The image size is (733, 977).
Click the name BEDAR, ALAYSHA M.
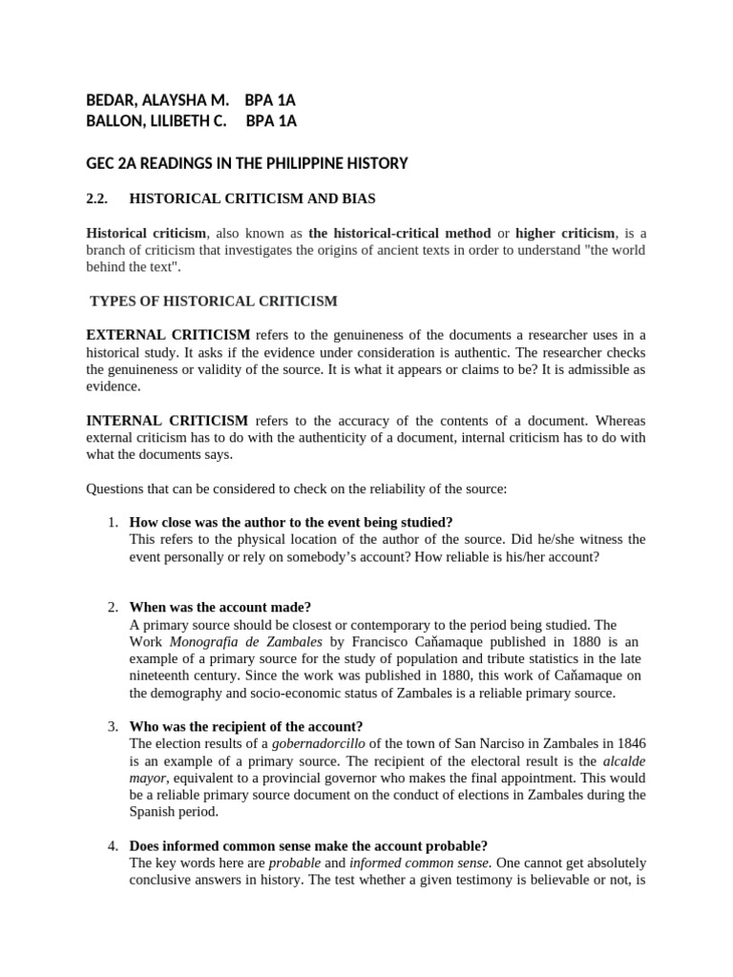[157, 100]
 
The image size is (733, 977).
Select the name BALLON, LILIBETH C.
[157, 121]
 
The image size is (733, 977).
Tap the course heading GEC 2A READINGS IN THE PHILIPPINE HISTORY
[247, 163]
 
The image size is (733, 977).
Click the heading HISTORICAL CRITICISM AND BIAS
[252, 199]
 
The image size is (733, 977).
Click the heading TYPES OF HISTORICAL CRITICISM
[214, 301]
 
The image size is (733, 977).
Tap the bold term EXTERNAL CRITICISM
[169, 335]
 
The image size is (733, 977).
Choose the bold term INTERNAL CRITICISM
[168, 421]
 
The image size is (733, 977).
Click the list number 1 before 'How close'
[113, 522]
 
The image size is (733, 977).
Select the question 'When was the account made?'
[220, 608]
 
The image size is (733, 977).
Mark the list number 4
[113, 846]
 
